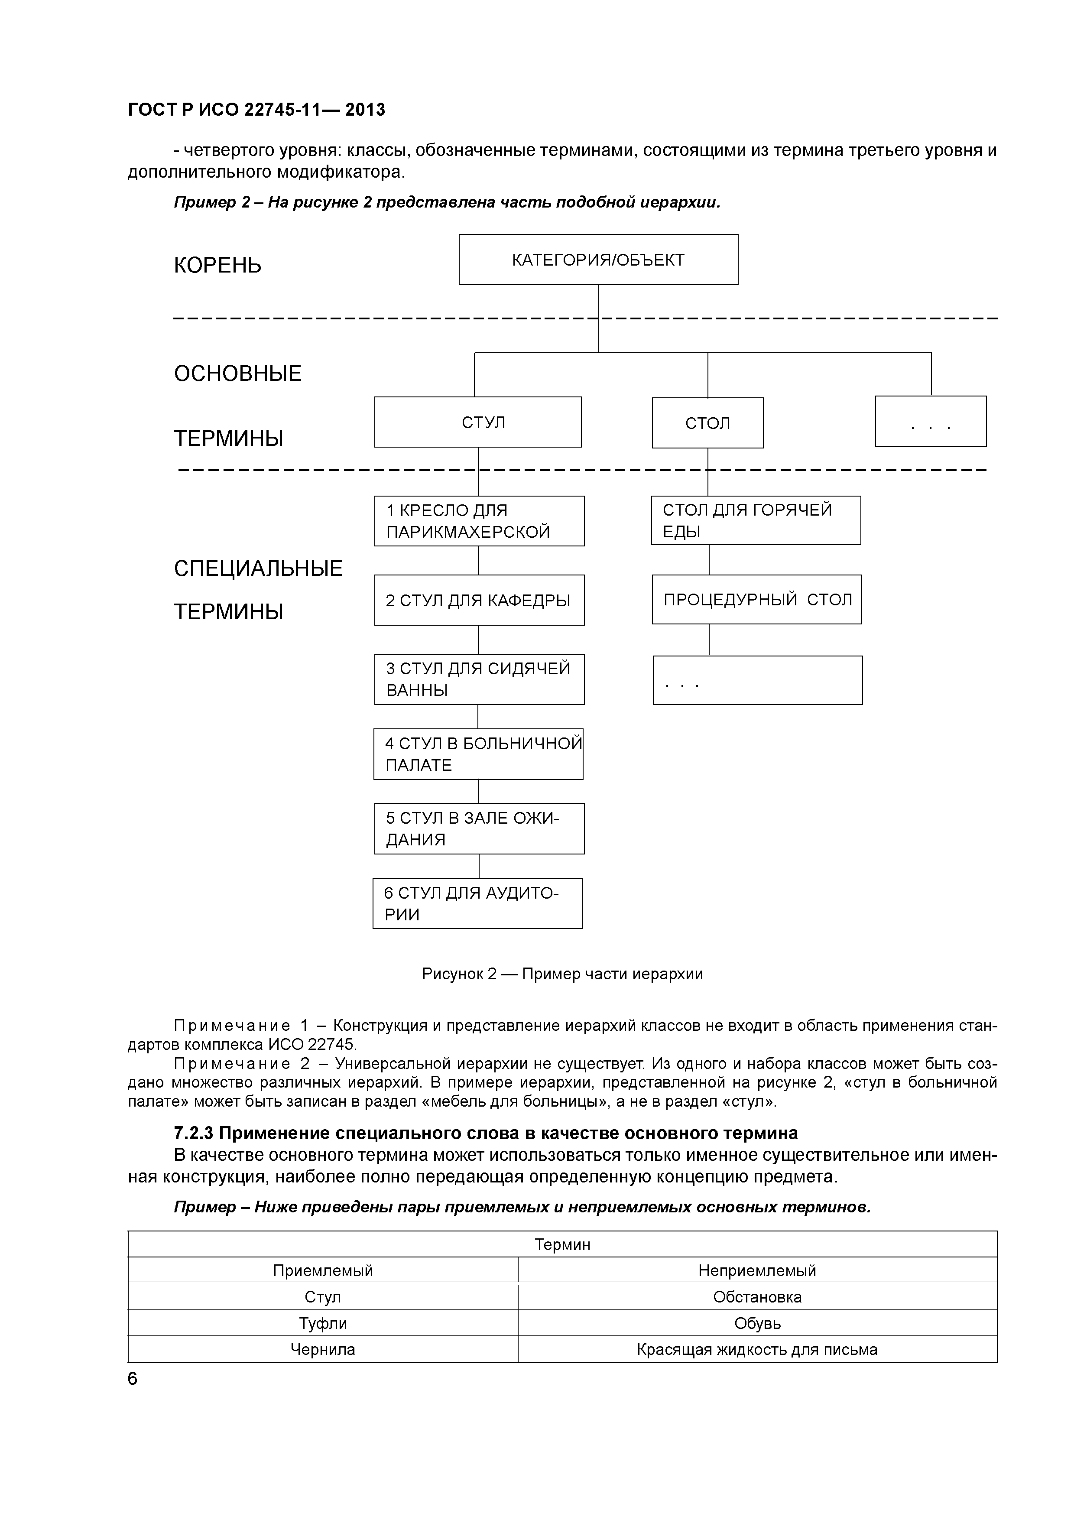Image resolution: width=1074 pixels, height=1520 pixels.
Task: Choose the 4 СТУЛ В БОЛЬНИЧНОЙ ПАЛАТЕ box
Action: tap(478, 754)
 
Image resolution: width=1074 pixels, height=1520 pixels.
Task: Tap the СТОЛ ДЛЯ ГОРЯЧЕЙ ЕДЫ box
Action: tap(755, 520)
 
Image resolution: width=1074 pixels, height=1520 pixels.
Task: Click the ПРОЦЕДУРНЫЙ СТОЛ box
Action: tap(756, 600)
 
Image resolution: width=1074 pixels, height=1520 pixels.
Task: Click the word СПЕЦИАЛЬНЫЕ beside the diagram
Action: tap(258, 568)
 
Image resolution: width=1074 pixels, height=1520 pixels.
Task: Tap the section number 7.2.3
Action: tap(193, 1134)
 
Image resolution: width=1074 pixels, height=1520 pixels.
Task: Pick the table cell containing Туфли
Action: tap(322, 1323)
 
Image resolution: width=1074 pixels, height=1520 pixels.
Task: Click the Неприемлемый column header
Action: tap(756, 1270)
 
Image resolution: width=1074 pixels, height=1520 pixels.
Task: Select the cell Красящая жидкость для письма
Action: tap(756, 1349)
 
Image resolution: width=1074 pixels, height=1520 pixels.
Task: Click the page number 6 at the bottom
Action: tap(132, 1378)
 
